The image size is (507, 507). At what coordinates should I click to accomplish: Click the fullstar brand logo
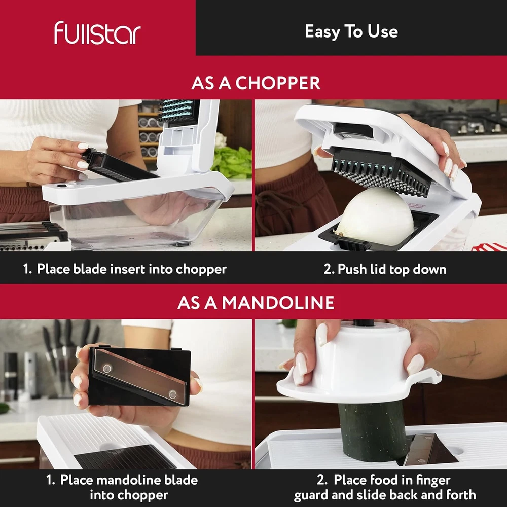click(x=97, y=32)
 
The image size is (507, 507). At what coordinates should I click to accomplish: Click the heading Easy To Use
click(x=351, y=31)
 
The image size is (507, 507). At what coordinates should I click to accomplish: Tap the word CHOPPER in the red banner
click(x=278, y=83)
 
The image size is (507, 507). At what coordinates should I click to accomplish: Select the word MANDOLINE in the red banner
click(x=278, y=303)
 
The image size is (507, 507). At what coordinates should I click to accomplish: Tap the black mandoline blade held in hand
click(x=139, y=377)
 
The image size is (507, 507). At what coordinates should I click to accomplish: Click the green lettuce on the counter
click(x=232, y=162)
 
